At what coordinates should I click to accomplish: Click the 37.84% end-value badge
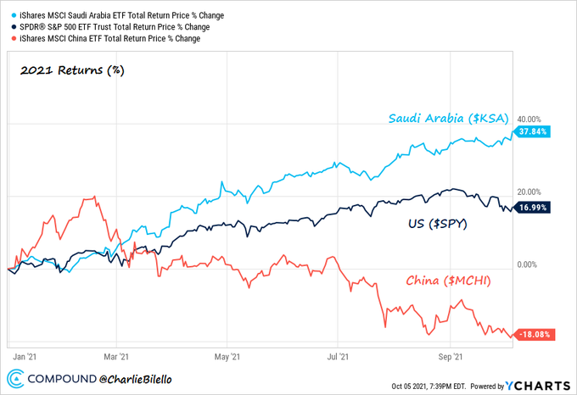(x=534, y=131)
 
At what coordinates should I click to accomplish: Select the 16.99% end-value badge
(x=534, y=207)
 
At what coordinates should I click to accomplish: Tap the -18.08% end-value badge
(x=532, y=335)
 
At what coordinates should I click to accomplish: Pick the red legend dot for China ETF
(x=8, y=38)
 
